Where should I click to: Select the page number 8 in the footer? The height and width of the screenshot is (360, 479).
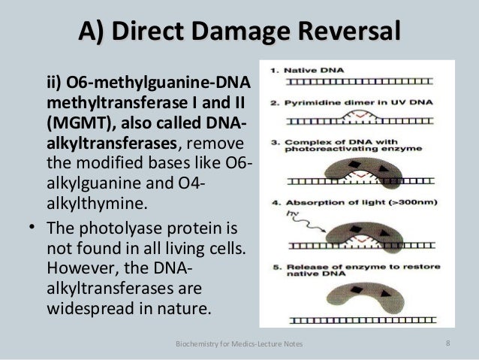coord(447,345)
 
